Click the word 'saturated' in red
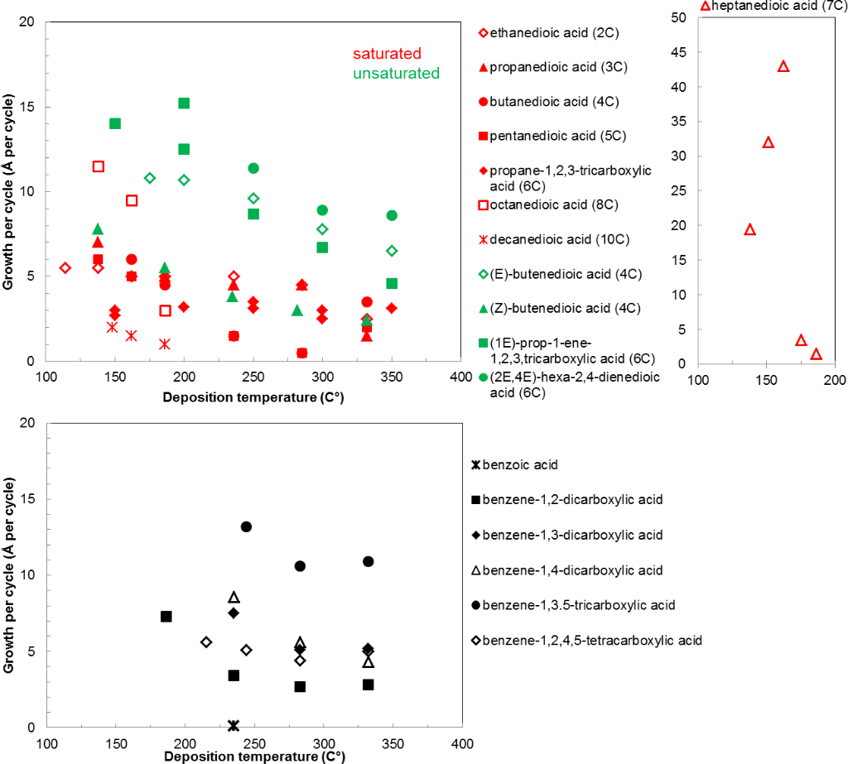click(387, 55)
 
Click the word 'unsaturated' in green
click(396, 74)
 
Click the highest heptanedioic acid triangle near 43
click(783, 66)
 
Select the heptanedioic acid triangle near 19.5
click(750, 229)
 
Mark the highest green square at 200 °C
click(184, 103)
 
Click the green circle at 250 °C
click(253, 168)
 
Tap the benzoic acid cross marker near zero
click(234, 726)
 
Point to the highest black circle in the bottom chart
click(246, 526)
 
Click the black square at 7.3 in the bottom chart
click(166, 616)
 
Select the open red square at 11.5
click(99, 166)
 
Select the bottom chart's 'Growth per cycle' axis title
click(10, 575)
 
